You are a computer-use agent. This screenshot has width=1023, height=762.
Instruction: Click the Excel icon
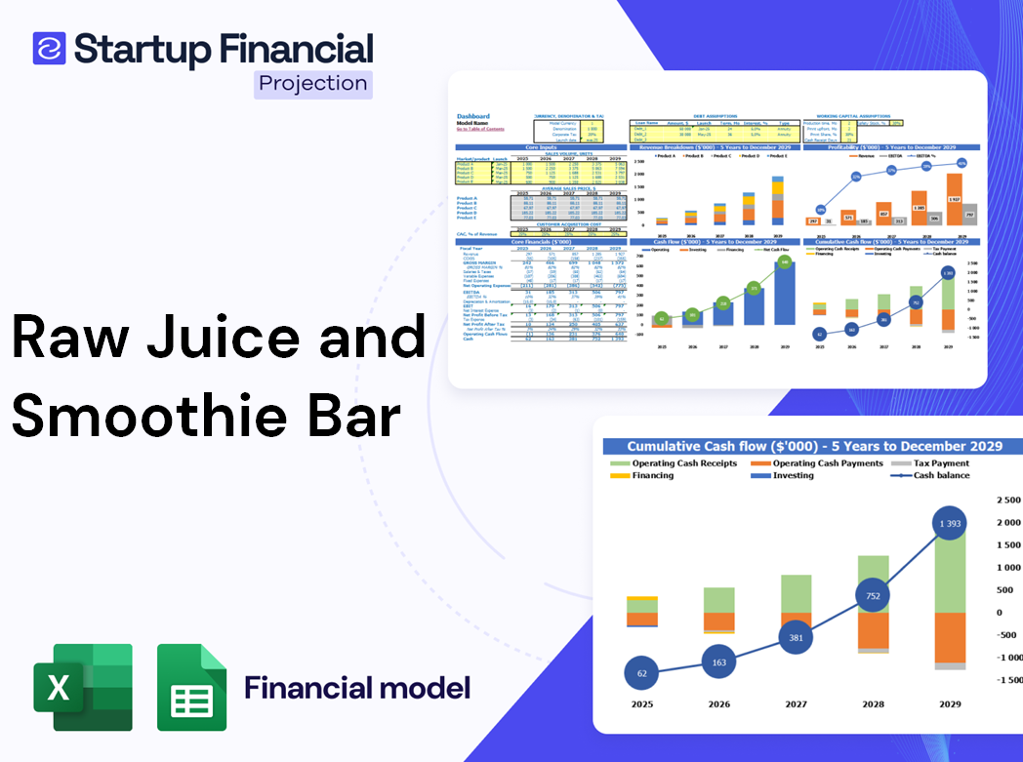(x=83, y=687)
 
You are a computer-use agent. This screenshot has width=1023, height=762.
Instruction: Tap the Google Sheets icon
(x=191, y=687)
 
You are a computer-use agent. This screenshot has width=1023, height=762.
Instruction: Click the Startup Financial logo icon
(x=49, y=48)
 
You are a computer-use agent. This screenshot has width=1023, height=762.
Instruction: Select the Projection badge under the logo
(x=313, y=84)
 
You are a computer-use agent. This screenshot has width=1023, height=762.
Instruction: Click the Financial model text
(x=356, y=688)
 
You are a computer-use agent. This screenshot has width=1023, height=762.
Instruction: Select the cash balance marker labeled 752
(x=873, y=596)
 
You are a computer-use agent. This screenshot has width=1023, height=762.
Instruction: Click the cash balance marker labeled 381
(x=796, y=637)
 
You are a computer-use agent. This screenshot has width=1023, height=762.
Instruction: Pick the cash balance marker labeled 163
(x=718, y=662)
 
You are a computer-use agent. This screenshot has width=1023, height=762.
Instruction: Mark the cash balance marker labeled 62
(x=641, y=673)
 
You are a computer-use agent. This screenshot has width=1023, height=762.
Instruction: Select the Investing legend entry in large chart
(x=794, y=475)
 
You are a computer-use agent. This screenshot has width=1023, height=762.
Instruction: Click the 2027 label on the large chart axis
(x=796, y=703)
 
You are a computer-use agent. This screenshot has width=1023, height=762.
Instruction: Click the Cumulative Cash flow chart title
(x=814, y=446)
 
